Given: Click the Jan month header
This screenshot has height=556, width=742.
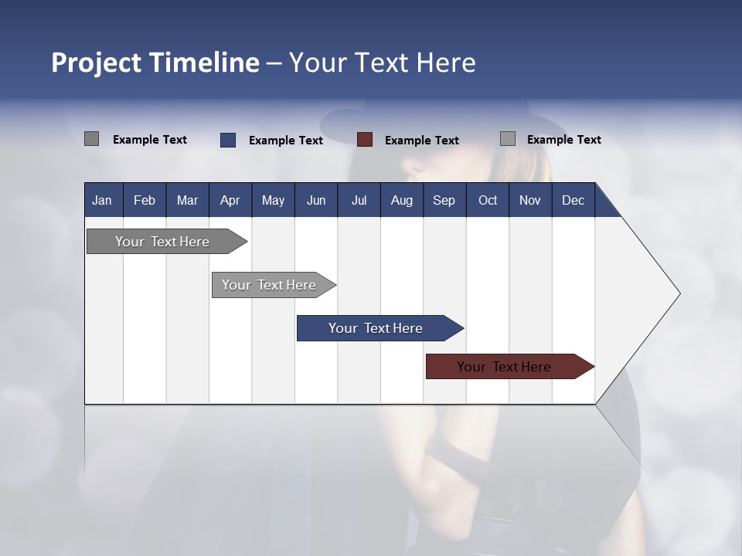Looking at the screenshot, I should point(102,200).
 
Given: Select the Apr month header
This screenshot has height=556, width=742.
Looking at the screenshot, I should point(230,200).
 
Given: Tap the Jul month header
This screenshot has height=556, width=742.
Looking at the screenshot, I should point(359,200).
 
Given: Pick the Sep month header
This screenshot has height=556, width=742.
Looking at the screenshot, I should point(444,200).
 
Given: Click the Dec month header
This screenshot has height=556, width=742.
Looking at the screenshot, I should point(573,200).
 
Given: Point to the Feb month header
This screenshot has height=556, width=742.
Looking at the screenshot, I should point(145,200).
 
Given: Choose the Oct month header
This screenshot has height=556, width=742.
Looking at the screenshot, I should point(488,200).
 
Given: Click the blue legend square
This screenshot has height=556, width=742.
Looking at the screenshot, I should point(228,140).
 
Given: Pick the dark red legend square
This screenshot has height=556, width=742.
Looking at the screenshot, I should point(365,140).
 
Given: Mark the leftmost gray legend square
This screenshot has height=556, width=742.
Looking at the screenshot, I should point(92,139).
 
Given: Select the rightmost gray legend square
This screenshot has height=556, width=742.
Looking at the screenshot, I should point(508,139).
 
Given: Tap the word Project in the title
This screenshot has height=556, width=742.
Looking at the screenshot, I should point(97,63).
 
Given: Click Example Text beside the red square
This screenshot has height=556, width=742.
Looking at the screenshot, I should point(421,141).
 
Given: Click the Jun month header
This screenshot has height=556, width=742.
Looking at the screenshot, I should point(316,200).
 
